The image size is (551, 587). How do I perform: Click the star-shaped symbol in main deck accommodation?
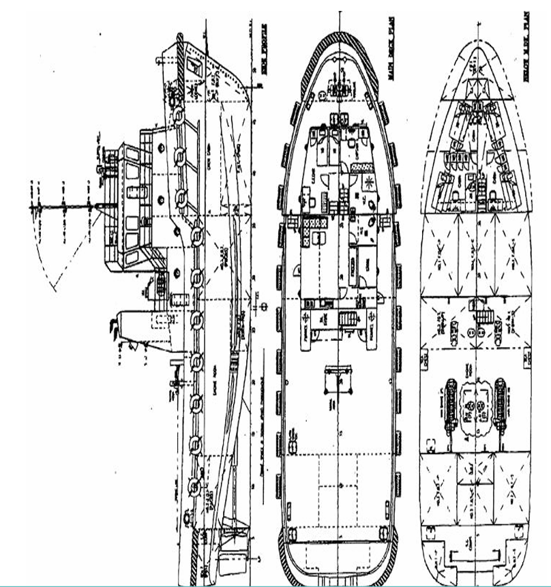(x=369, y=181)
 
